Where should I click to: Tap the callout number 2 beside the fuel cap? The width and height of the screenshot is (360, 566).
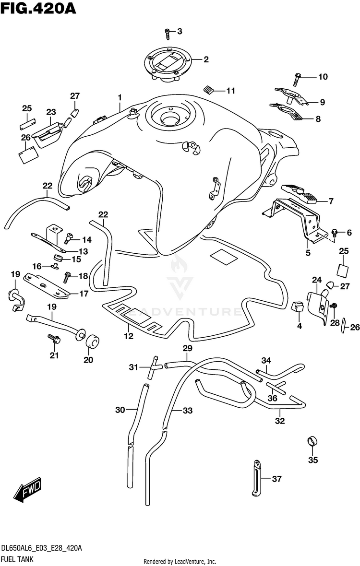click(206, 60)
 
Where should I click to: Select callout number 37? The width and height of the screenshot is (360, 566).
click(290, 479)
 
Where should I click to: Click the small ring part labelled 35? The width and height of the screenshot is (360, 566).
click(312, 441)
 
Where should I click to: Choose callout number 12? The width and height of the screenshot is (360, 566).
click(129, 336)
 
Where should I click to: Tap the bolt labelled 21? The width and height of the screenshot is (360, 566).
click(53, 339)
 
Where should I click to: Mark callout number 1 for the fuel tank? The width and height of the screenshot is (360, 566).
click(120, 98)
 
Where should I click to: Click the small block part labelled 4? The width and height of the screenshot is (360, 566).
click(298, 306)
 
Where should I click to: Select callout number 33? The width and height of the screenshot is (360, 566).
click(187, 410)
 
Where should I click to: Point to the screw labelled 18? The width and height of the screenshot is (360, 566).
click(67, 276)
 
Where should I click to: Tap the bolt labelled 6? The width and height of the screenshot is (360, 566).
click(335, 233)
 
